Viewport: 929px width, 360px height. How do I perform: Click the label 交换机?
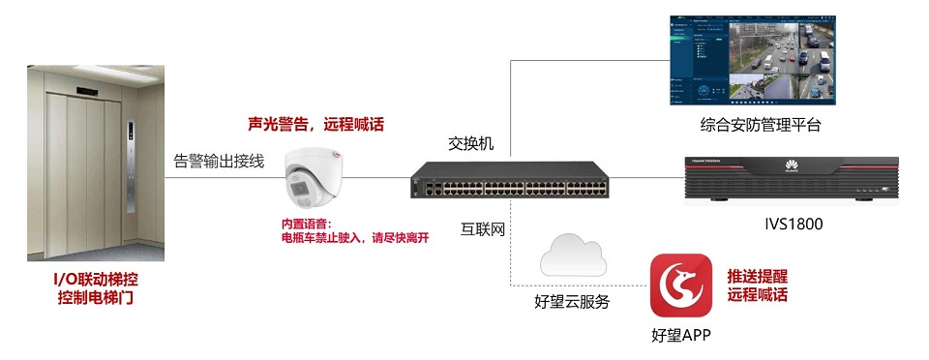coord(471,142)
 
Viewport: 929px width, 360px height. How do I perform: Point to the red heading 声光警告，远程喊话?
coord(315,125)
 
